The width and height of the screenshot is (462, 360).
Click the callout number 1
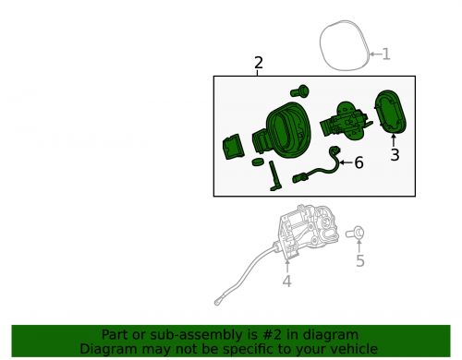tap(386, 54)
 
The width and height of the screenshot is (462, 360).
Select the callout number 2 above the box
tap(259, 63)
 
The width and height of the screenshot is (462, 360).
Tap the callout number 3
tap(395, 155)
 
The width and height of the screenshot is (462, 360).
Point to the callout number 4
tap(286, 281)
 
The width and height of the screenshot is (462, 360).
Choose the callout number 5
tap(360, 261)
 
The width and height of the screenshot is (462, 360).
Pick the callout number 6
tap(359, 162)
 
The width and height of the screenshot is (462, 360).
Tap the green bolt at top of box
tap(298, 91)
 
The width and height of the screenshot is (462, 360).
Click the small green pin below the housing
tap(274, 176)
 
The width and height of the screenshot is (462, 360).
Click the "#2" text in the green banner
tap(248, 334)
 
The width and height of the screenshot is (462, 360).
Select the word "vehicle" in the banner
tap(352, 349)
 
